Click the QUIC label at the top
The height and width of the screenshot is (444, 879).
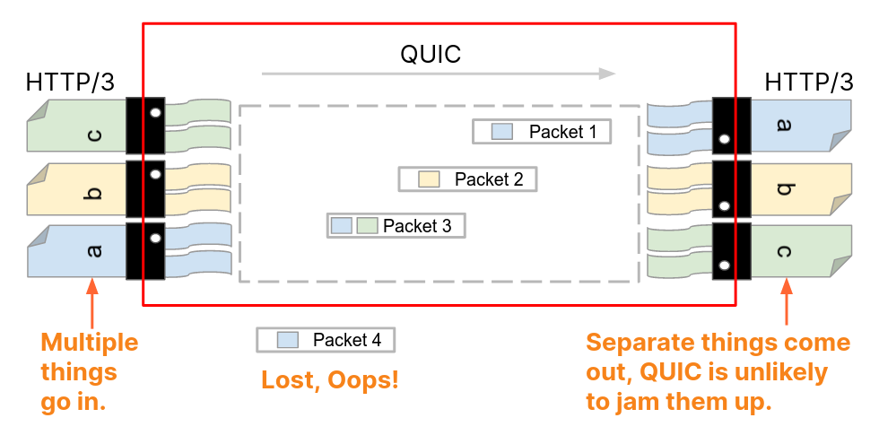tap(430, 55)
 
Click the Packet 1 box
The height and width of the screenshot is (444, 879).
tap(543, 132)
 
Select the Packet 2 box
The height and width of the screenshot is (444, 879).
tap(467, 178)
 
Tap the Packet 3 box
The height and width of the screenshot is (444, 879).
tap(396, 225)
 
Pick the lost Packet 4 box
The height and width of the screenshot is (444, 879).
tap(325, 340)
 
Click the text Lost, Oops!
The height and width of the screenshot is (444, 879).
tap(329, 379)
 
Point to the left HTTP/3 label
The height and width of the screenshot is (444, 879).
tap(71, 83)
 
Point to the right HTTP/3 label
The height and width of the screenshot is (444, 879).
tap(809, 83)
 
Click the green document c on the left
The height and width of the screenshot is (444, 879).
tap(76, 125)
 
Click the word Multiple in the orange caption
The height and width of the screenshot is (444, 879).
tap(90, 343)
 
